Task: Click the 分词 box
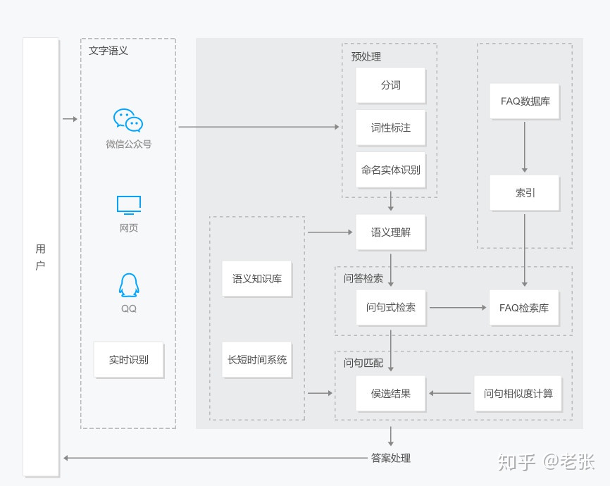(x=391, y=85)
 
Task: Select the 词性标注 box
(x=391, y=127)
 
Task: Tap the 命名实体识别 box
(x=391, y=170)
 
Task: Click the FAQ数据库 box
(x=524, y=101)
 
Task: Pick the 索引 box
(x=524, y=193)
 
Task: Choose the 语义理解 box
(x=391, y=232)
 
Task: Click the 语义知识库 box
(x=257, y=279)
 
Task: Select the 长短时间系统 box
(x=257, y=360)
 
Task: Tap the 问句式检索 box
(x=391, y=307)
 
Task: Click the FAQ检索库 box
(x=524, y=308)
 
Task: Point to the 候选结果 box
(x=391, y=394)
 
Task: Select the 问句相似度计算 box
(x=518, y=394)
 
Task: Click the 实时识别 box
(x=129, y=360)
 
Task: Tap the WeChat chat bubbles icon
(x=128, y=120)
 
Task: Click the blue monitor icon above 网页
(x=129, y=205)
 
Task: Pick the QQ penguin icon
(x=129, y=285)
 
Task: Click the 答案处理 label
(x=391, y=458)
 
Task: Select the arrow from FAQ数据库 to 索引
(x=524, y=147)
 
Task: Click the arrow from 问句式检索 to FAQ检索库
(x=458, y=307)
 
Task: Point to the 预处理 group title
(x=366, y=57)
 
